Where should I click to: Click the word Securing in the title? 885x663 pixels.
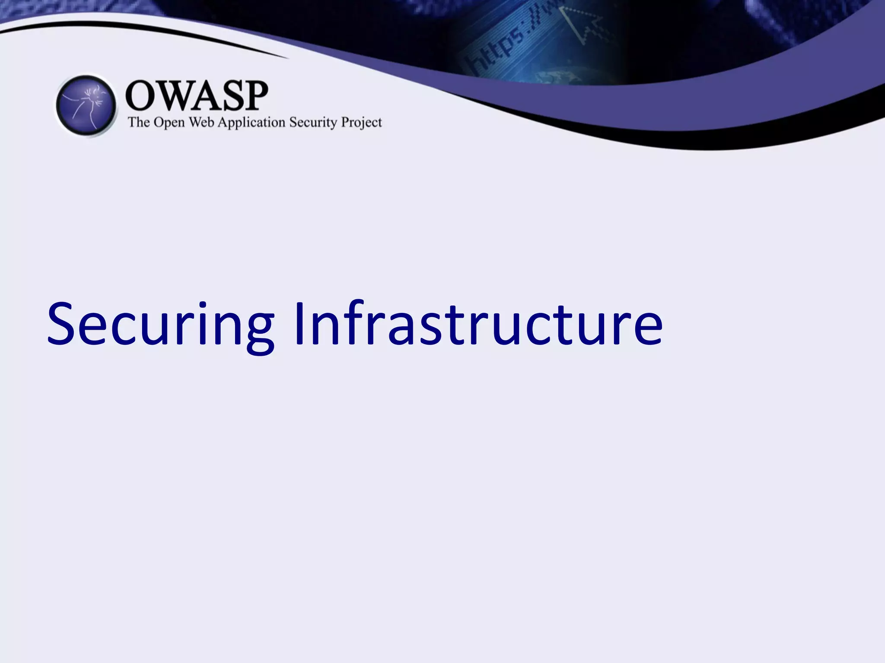(160, 324)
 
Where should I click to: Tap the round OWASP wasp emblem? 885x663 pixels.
(86, 105)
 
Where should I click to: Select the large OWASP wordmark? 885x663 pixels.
(197, 96)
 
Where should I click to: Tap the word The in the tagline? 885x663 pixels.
(138, 122)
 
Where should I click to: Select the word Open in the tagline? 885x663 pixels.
(169, 123)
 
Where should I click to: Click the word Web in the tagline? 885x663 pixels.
(201, 122)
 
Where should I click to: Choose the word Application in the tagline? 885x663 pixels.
(251, 123)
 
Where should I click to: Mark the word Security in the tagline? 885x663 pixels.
(313, 123)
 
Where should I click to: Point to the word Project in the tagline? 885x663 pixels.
(361, 123)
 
